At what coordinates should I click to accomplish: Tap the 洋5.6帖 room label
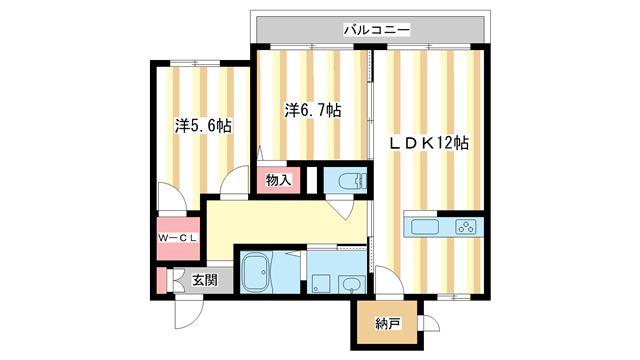point(204,127)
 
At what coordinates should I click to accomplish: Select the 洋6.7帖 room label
point(312,110)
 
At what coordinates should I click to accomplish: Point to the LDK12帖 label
point(429,143)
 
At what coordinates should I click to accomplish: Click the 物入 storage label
point(279,181)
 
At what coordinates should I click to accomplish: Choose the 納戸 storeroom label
point(388,323)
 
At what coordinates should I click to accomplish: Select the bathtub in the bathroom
point(258,272)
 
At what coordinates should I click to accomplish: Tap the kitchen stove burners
point(466,226)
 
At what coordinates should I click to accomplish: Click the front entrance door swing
point(187,312)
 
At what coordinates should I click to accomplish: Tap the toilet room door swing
point(344,208)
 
